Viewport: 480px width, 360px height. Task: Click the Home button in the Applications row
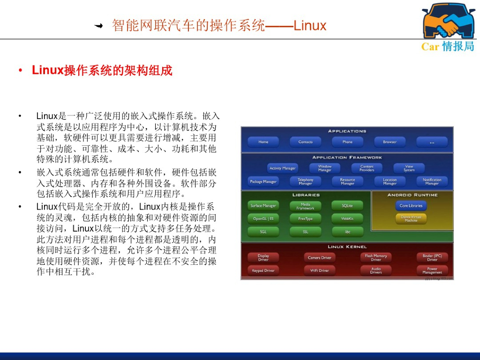point(263,142)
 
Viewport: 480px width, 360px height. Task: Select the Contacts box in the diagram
point(306,142)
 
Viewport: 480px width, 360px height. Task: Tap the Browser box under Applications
point(390,142)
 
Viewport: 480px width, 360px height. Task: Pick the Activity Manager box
point(282,168)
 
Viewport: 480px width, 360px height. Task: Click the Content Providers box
point(367,168)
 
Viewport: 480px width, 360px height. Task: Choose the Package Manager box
point(263,181)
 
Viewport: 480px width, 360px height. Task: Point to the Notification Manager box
point(432,181)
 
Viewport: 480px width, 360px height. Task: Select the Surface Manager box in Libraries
point(263,206)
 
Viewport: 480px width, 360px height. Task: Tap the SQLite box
point(347,206)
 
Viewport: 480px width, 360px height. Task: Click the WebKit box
point(347,219)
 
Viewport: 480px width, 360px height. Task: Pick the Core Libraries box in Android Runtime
point(411,206)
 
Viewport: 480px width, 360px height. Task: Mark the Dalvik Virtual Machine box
point(411,219)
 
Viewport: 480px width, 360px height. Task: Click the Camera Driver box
point(320,258)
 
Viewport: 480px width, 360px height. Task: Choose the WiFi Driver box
point(320,270)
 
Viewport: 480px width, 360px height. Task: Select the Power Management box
point(432,270)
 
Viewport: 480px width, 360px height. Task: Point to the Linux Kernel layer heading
point(347,247)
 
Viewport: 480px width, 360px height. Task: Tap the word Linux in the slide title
point(310,25)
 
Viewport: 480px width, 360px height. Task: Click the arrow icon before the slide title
point(99,26)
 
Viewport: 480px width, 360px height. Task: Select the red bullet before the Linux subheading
point(21,71)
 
